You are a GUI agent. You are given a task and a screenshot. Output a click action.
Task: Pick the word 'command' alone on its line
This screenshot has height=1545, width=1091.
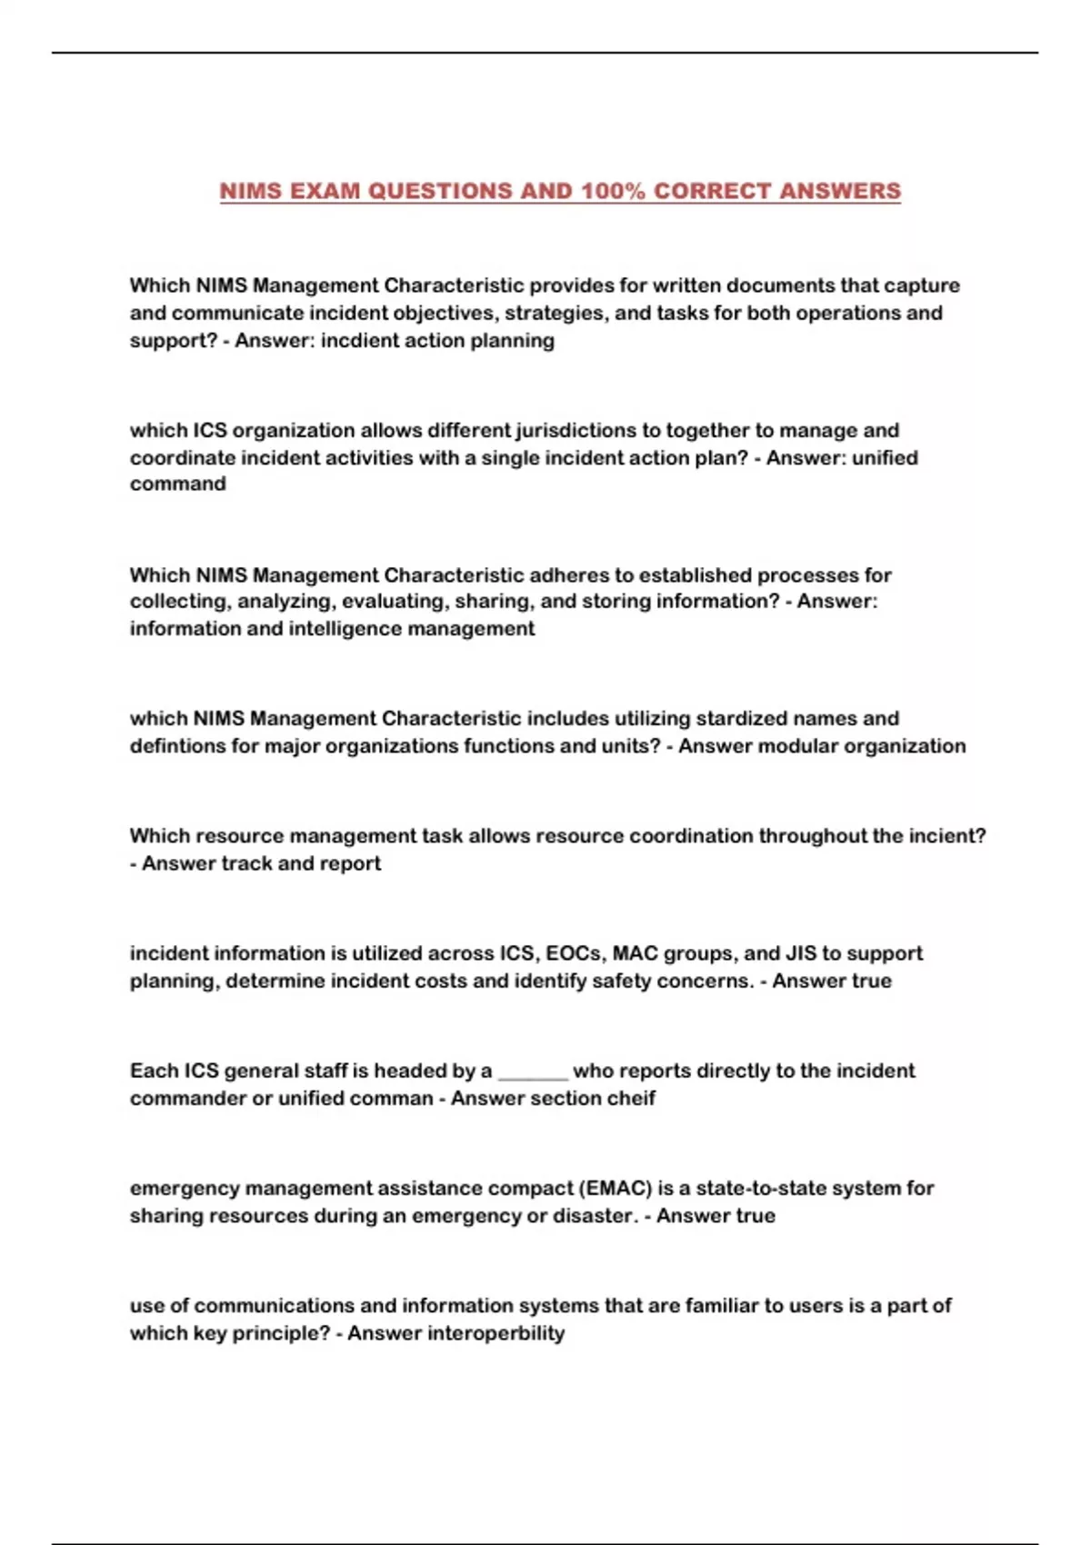177,484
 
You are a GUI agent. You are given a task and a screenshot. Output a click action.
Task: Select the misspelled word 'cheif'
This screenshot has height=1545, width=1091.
633,1098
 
